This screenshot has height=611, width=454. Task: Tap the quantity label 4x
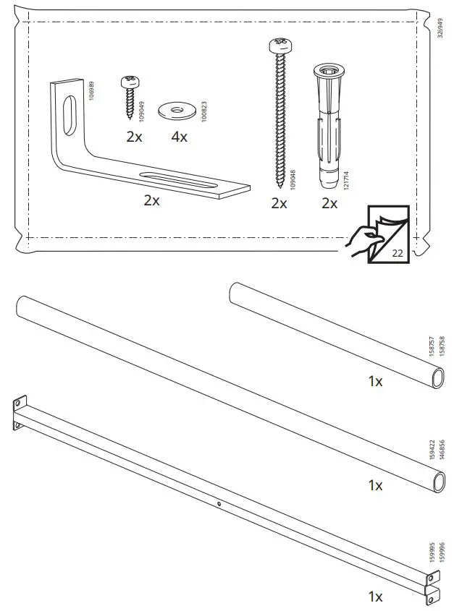coord(178,137)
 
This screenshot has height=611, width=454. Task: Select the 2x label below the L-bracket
coord(151,201)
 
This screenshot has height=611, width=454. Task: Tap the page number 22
coord(396,253)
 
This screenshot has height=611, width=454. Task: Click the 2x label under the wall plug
coord(329,204)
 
